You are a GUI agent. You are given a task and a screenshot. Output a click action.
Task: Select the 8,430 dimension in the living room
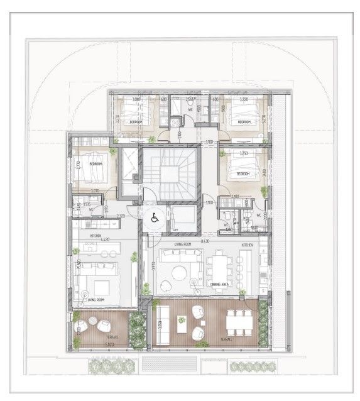click(x=205, y=241)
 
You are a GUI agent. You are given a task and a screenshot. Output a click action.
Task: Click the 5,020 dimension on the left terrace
click(x=109, y=344)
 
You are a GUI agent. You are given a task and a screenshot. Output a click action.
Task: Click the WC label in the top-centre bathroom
click(x=190, y=109)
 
